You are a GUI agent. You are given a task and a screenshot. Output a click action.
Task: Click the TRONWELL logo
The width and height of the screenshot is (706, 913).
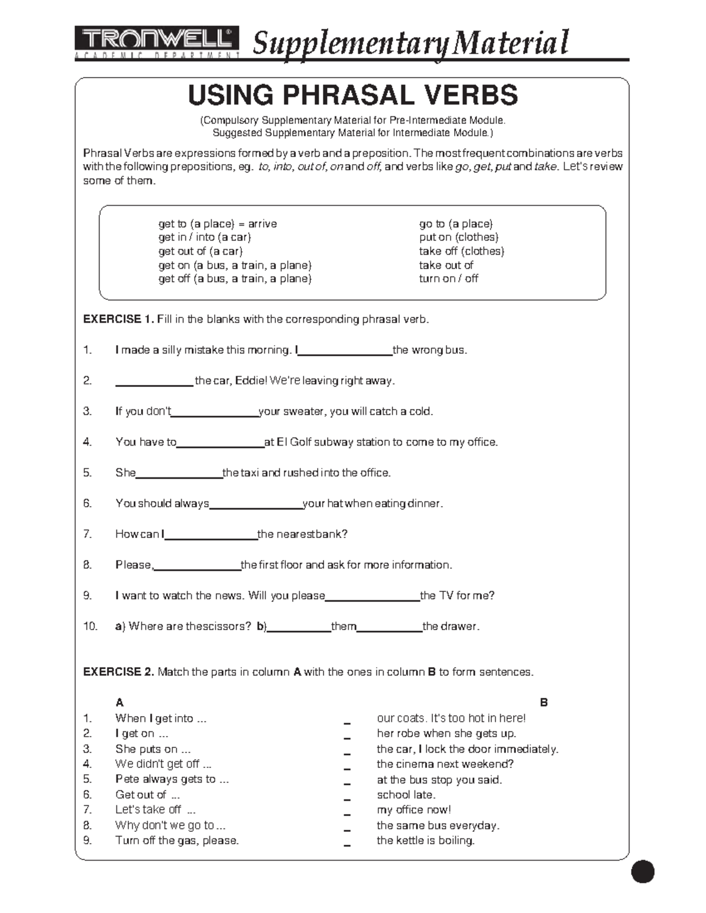[156, 41]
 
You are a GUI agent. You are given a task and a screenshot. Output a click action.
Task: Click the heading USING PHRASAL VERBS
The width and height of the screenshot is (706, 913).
[352, 95]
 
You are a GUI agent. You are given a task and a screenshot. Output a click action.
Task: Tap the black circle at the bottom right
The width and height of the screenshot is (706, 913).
[642, 871]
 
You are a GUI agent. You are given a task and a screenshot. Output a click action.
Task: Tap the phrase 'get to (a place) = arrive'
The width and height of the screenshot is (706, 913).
[217, 224]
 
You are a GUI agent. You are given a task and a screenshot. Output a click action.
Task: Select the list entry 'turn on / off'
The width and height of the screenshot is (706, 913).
[448, 279]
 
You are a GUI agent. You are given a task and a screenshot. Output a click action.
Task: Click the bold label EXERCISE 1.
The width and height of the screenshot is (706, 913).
[118, 320]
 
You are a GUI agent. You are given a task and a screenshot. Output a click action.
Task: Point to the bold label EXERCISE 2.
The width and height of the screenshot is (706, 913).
[118, 672]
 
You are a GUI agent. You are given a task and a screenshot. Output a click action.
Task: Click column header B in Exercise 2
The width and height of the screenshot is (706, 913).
[544, 703]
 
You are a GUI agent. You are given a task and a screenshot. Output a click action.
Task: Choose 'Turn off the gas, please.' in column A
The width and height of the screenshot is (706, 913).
[177, 841]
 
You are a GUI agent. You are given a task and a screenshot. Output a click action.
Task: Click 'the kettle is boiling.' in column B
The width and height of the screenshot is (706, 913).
[425, 841]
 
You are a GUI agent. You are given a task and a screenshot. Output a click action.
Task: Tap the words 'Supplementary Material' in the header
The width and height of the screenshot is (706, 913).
[411, 43]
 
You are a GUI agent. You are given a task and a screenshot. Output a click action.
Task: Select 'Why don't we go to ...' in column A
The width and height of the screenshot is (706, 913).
[170, 825]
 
